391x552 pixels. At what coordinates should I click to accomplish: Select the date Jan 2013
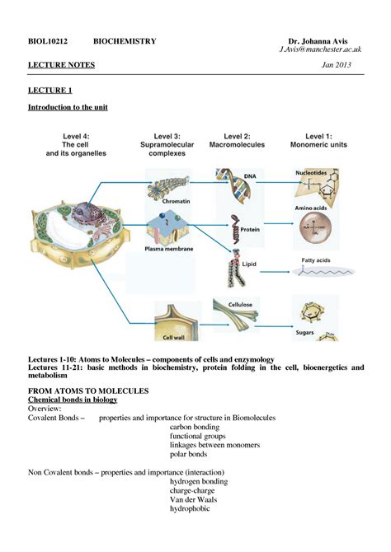click(x=346, y=65)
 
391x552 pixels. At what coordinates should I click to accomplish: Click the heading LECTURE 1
click(x=51, y=90)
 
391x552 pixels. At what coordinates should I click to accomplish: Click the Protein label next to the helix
click(x=250, y=230)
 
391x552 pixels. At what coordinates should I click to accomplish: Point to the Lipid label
click(x=250, y=267)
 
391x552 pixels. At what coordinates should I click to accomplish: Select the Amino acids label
click(x=314, y=208)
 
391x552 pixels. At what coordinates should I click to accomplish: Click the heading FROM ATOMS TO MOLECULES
click(x=88, y=390)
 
